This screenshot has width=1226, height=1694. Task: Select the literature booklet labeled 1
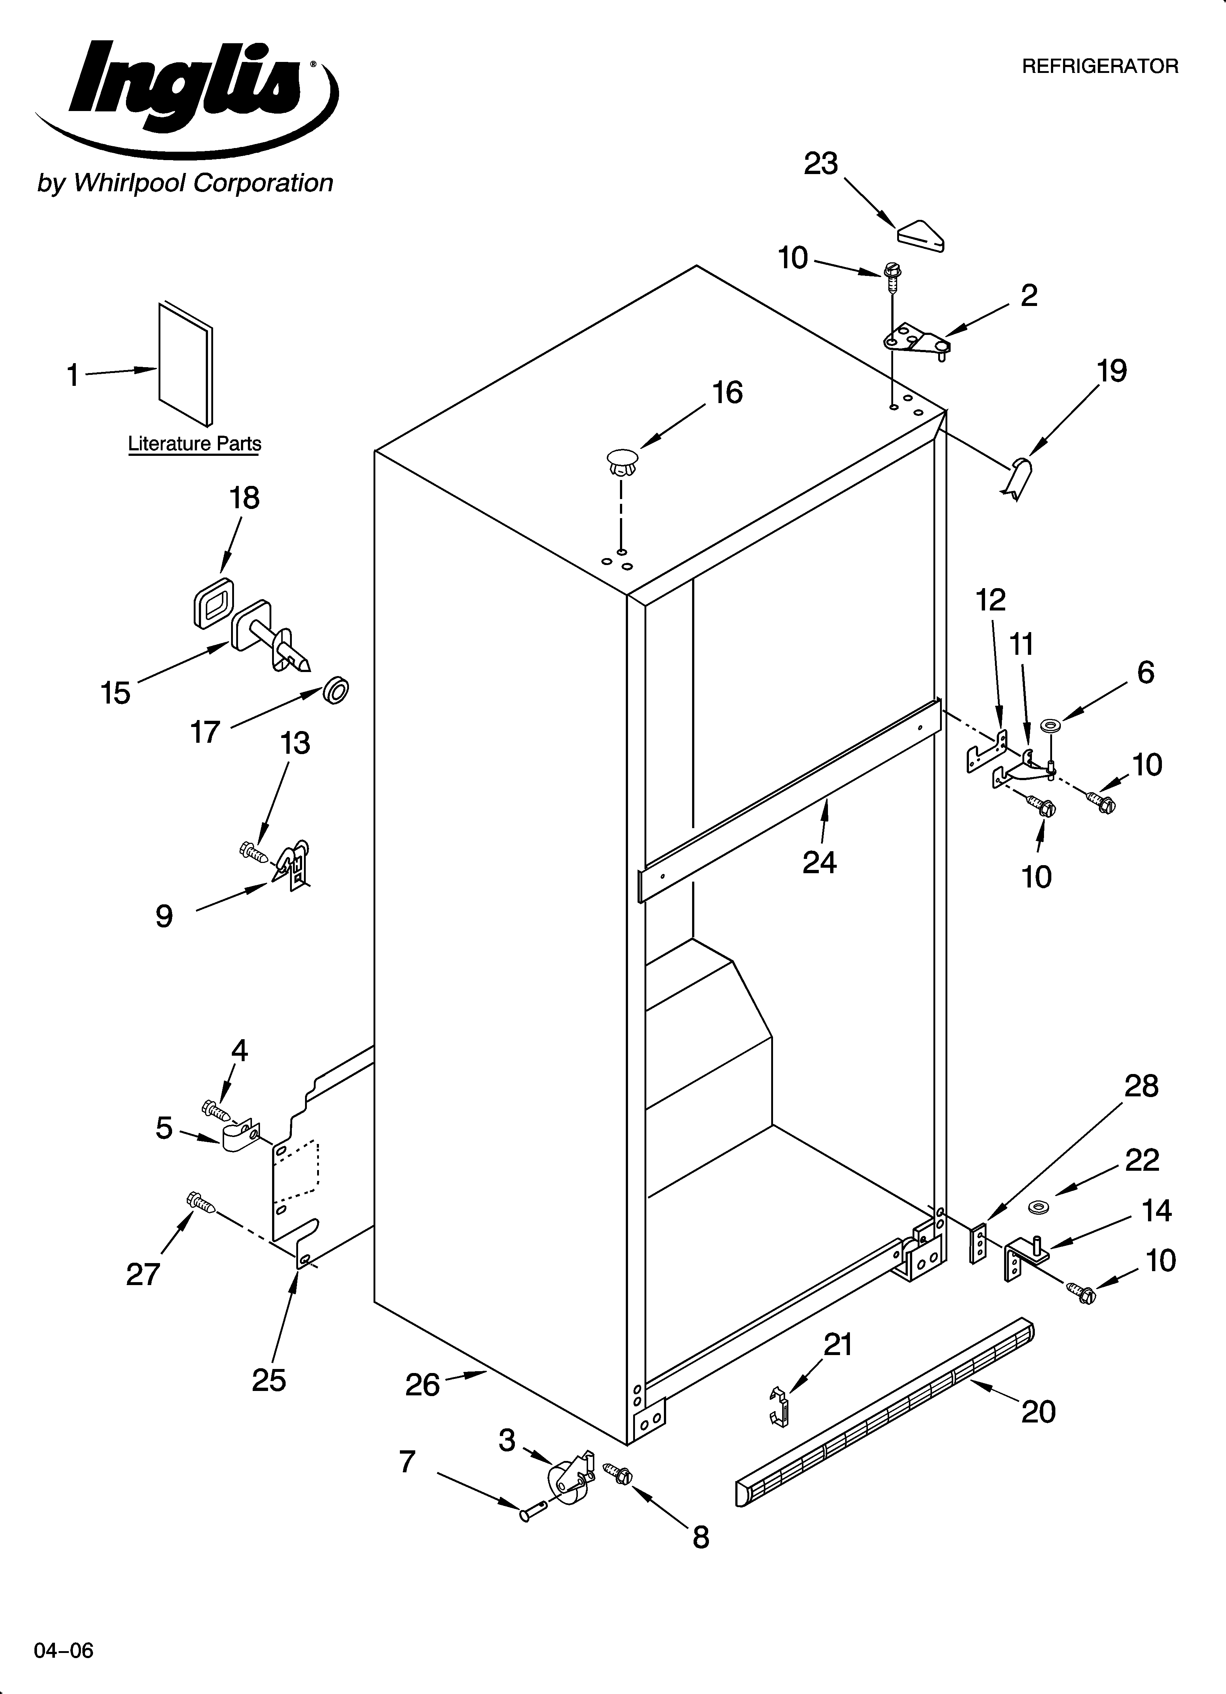coord(185,364)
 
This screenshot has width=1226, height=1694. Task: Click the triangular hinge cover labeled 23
coord(920,234)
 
